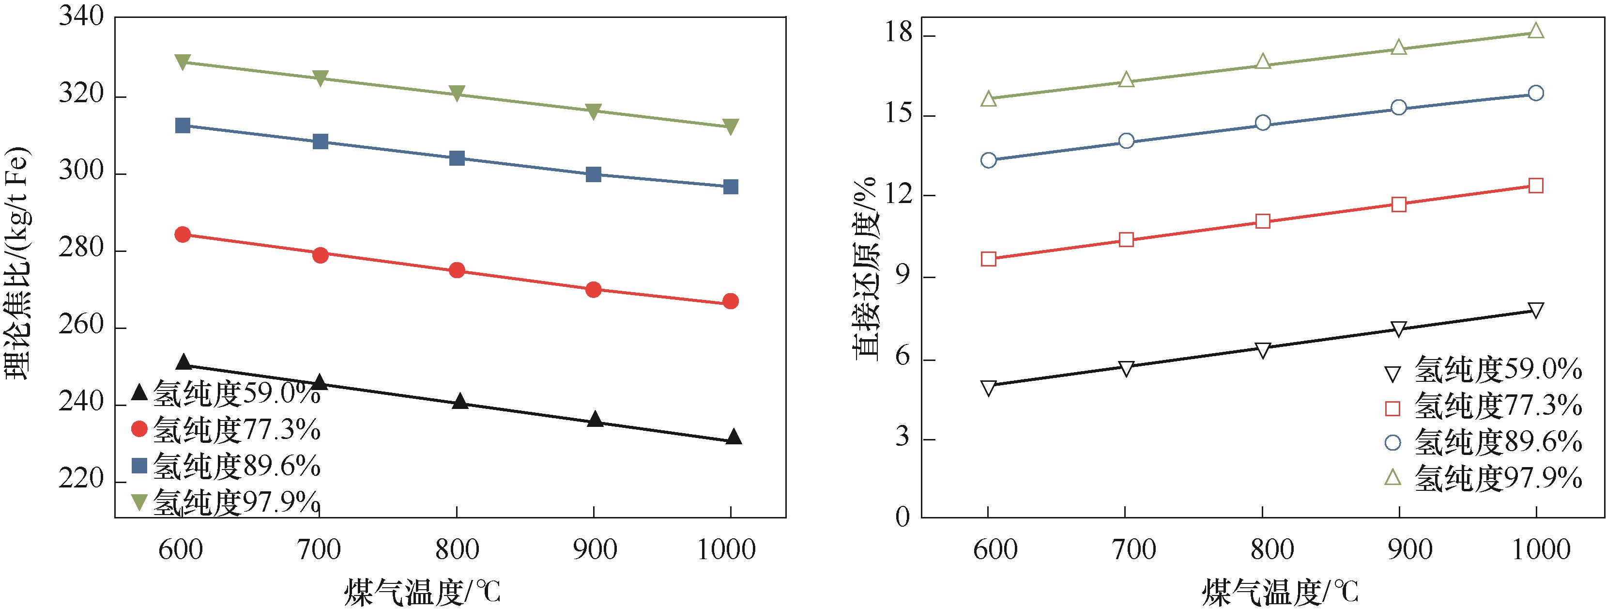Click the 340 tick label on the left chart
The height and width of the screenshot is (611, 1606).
[81, 17]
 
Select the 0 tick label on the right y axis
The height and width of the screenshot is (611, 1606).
[903, 517]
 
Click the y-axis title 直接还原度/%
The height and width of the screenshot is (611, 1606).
[867, 268]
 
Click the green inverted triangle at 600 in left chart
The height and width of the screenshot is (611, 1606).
[183, 63]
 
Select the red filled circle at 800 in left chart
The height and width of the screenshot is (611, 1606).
[457, 270]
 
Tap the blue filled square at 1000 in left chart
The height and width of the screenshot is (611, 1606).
[731, 187]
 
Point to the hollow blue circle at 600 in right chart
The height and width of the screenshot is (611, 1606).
[988, 160]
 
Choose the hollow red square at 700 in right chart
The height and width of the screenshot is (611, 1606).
[1126, 240]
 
